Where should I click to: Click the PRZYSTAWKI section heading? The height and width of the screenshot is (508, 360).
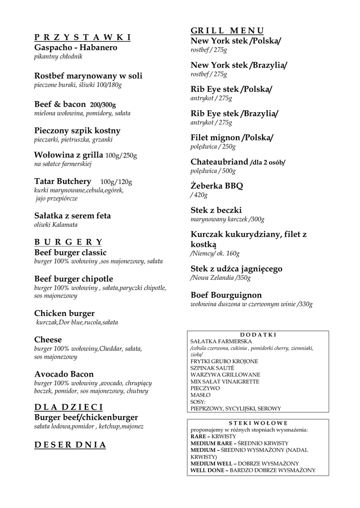pyautogui.click(x=82, y=38)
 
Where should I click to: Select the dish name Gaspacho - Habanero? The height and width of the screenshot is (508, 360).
pyautogui.click(x=75, y=48)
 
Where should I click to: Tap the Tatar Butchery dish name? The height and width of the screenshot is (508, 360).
pyautogui.click(x=63, y=181)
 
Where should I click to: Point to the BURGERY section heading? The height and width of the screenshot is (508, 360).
pyautogui.click(x=68, y=242)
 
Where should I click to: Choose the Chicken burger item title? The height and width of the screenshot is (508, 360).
pyautogui.click(x=64, y=314)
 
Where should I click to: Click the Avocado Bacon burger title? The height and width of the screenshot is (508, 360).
pyautogui.click(x=64, y=374)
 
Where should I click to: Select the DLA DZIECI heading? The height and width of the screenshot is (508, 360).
pyautogui.click(x=69, y=407)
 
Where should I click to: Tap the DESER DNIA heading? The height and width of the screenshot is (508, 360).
pyautogui.click(x=70, y=445)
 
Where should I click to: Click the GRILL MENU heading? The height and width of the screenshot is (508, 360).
pyautogui.click(x=227, y=31)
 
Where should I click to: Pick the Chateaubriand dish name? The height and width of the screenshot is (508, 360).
pyautogui.click(x=219, y=162)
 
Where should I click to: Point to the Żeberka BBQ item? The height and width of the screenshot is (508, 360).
pyautogui.click(x=217, y=186)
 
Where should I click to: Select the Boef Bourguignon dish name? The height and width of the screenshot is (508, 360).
pyautogui.click(x=226, y=295)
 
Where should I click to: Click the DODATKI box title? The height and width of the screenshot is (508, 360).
pyautogui.click(x=258, y=335)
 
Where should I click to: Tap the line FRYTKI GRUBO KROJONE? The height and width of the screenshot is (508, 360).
pyautogui.click(x=224, y=361)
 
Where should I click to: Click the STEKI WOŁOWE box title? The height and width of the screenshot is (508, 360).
pyautogui.click(x=258, y=423)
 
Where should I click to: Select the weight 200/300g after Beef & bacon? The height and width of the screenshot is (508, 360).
pyautogui.click(x=103, y=105)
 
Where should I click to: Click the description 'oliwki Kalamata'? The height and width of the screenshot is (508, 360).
pyautogui.click(x=56, y=225)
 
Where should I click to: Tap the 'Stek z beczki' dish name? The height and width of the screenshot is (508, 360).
pyautogui.click(x=216, y=210)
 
